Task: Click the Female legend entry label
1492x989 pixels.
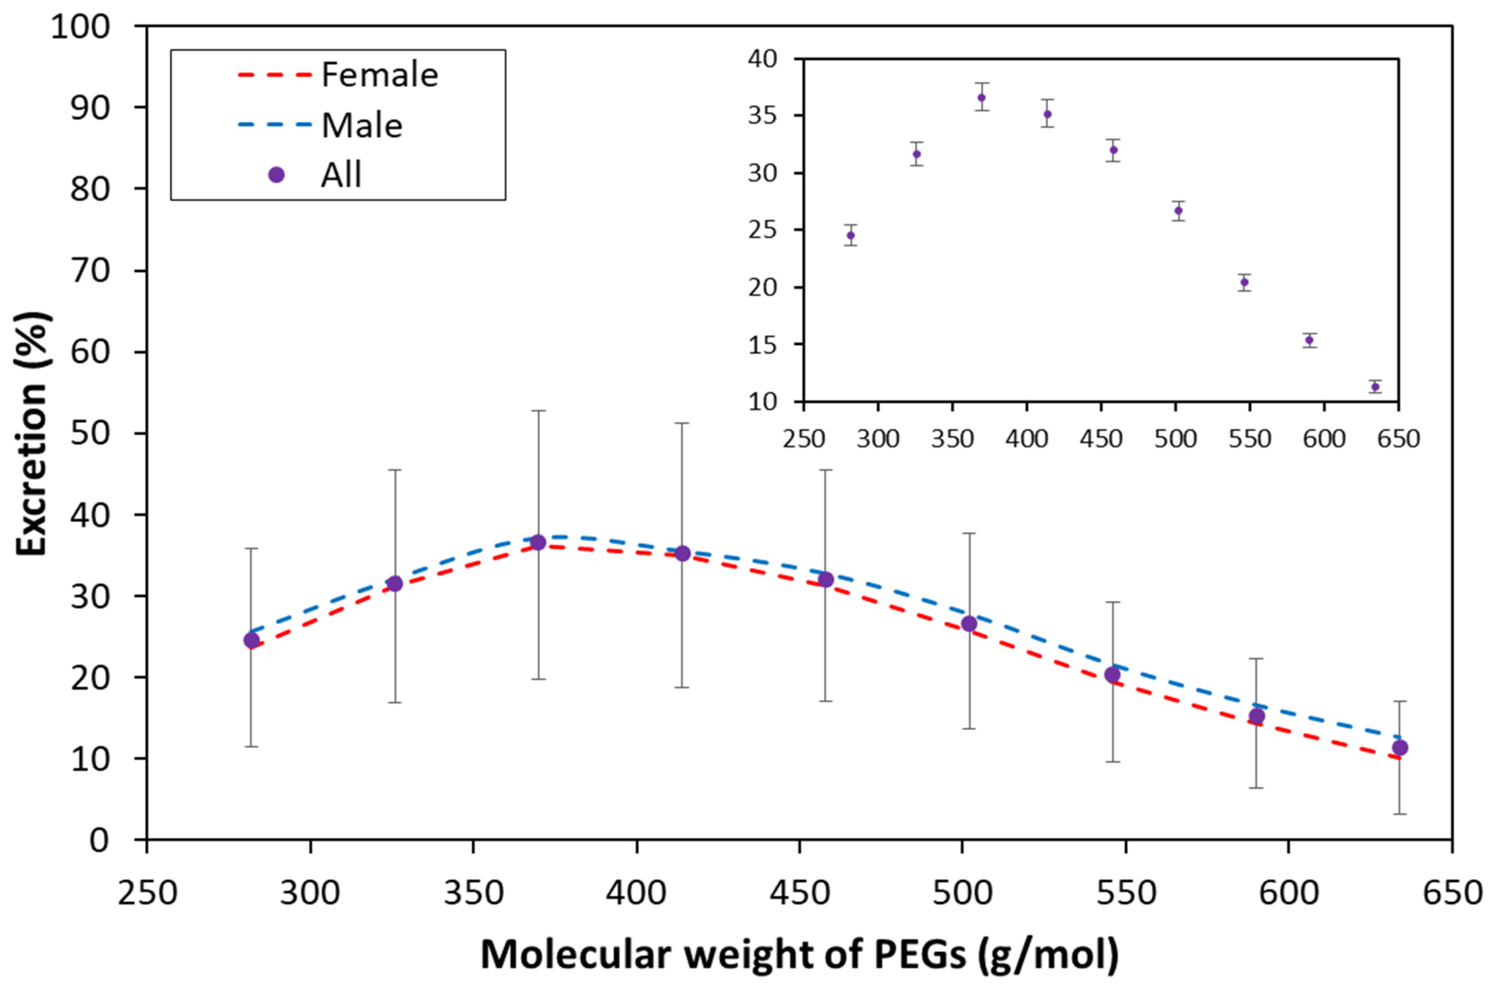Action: pyautogui.click(x=379, y=75)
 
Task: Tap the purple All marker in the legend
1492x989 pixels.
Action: pyautogui.click(x=276, y=175)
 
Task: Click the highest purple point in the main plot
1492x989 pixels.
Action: pyautogui.click(x=538, y=542)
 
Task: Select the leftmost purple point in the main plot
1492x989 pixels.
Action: pyautogui.click(x=252, y=640)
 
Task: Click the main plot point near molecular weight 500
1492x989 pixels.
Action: pyautogui.click(x=969, y=624)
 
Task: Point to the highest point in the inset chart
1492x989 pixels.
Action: pyautogui.click(x=982, y=98)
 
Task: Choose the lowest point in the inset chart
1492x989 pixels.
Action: pyautogui.click(x=1375, y=387)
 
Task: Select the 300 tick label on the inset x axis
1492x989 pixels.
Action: pyautogui.click(x=878, y=438)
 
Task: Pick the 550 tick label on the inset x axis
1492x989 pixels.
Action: pyautogui.click(x=1250, y=438)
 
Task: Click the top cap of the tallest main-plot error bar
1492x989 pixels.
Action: pyautogui.click(x=538, y=410)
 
